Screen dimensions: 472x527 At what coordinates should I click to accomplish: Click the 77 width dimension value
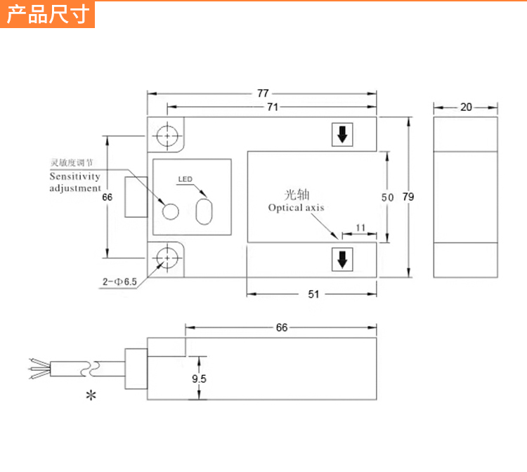click(x=263, y=93)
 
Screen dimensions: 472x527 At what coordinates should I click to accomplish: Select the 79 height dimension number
click(x=408, y=197)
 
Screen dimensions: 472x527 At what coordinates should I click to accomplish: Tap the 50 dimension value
click(x=387, y=198)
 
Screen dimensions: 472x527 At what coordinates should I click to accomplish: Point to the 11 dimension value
click(x=360, y=228)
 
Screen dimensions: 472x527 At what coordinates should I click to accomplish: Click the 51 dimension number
click(x=313, y=294)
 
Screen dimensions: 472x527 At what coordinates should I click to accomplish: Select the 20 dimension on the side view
click(x=466, y=107)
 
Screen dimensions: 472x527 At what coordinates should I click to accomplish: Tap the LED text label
click(x=185, y=179)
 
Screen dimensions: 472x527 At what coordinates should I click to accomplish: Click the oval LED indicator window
click(x=204, y=211)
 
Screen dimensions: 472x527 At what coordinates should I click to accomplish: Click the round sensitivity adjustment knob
click(x=171, y=211)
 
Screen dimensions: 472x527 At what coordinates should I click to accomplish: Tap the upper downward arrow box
click(x=341, y=136)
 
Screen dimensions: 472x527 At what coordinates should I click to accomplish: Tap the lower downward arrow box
click(x=341, y=260)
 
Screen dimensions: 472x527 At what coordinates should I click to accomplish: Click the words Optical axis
click(x=296, y=208)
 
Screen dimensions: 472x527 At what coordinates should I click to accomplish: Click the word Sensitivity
click(x=74, y=176)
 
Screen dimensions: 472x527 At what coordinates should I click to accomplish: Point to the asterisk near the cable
click(x=91, y=396)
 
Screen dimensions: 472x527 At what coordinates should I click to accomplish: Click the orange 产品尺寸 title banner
click(x=48, y=15)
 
